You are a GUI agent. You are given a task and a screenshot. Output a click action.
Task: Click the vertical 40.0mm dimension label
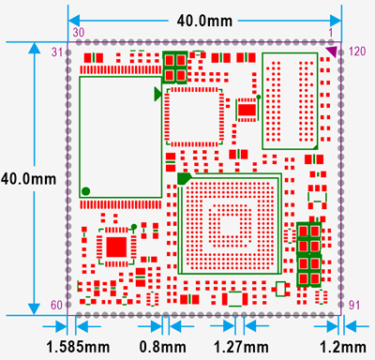click(x=19, y=177)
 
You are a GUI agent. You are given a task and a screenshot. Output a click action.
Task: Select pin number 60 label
click(x=54, y=305)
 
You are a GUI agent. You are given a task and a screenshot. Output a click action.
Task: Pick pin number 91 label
click(x=353, y=305)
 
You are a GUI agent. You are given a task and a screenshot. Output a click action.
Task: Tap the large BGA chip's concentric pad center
click(x=228, y=225)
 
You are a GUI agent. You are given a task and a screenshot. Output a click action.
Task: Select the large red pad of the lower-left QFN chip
click(x=115, y=247)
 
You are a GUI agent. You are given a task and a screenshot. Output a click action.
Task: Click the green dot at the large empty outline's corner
click(x=86, y=191)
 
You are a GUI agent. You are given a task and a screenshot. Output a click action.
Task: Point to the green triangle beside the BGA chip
click(x=184, y=178)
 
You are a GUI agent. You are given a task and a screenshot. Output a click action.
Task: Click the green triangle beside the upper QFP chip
click(x=157, y=94)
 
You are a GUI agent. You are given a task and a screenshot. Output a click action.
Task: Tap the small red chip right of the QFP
click(x=247, y=110)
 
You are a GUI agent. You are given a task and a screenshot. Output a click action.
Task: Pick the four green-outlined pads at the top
click(x=175, y=67)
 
